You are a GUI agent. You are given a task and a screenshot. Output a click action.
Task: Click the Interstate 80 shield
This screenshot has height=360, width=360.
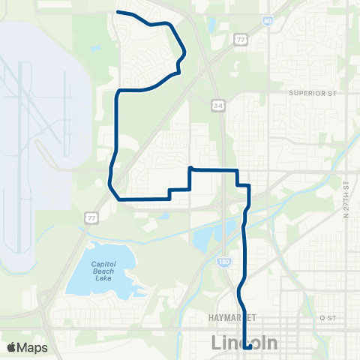pos(268,22)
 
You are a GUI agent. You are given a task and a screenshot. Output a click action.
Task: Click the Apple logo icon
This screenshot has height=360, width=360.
pos(12,347)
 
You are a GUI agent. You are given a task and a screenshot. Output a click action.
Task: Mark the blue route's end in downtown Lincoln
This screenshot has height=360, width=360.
pos(248,326)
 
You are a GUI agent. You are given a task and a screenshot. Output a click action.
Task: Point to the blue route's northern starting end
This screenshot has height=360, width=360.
pos(117,12)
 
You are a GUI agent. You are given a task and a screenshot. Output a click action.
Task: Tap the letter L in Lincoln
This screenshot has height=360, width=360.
pos(217,344)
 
